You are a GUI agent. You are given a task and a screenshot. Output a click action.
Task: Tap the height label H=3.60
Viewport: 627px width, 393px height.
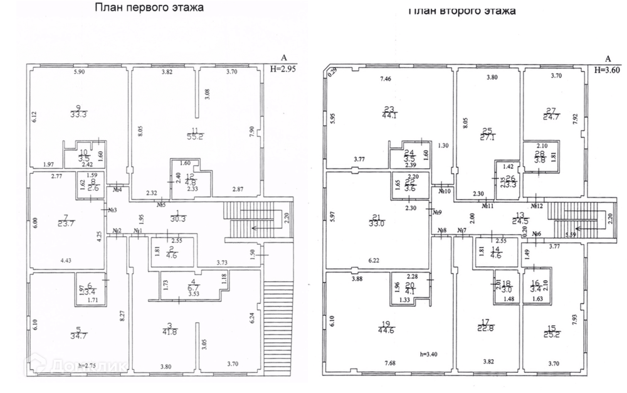607,70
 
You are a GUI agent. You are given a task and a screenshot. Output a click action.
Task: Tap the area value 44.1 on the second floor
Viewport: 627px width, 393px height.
388,116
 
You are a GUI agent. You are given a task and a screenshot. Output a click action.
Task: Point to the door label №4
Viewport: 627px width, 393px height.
117,190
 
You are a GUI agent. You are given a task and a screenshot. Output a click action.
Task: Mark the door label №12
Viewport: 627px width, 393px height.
537,205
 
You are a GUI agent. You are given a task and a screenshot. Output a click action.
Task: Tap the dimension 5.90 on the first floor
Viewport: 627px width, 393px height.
79,73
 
